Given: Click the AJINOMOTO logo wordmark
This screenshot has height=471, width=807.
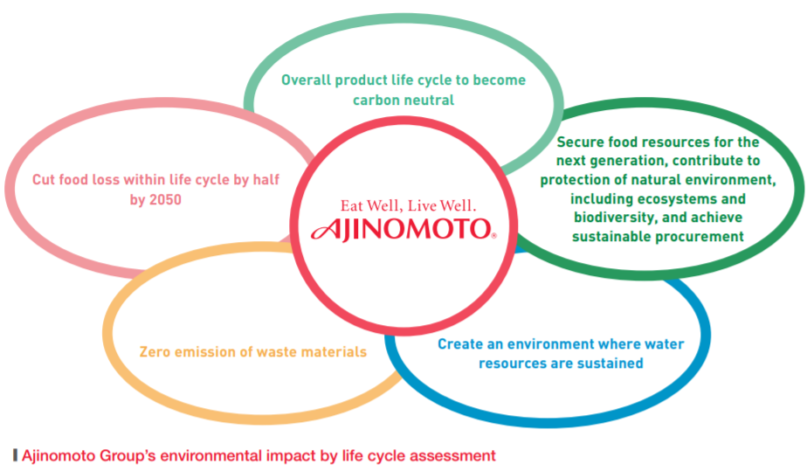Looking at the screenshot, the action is coord(402,229).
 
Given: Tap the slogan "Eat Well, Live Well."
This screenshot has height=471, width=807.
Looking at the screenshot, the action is coord(408,206).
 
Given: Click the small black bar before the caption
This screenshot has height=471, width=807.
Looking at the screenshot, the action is coord(16,455).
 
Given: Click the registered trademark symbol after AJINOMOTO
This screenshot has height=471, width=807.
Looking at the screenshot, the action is coord(494,236).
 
